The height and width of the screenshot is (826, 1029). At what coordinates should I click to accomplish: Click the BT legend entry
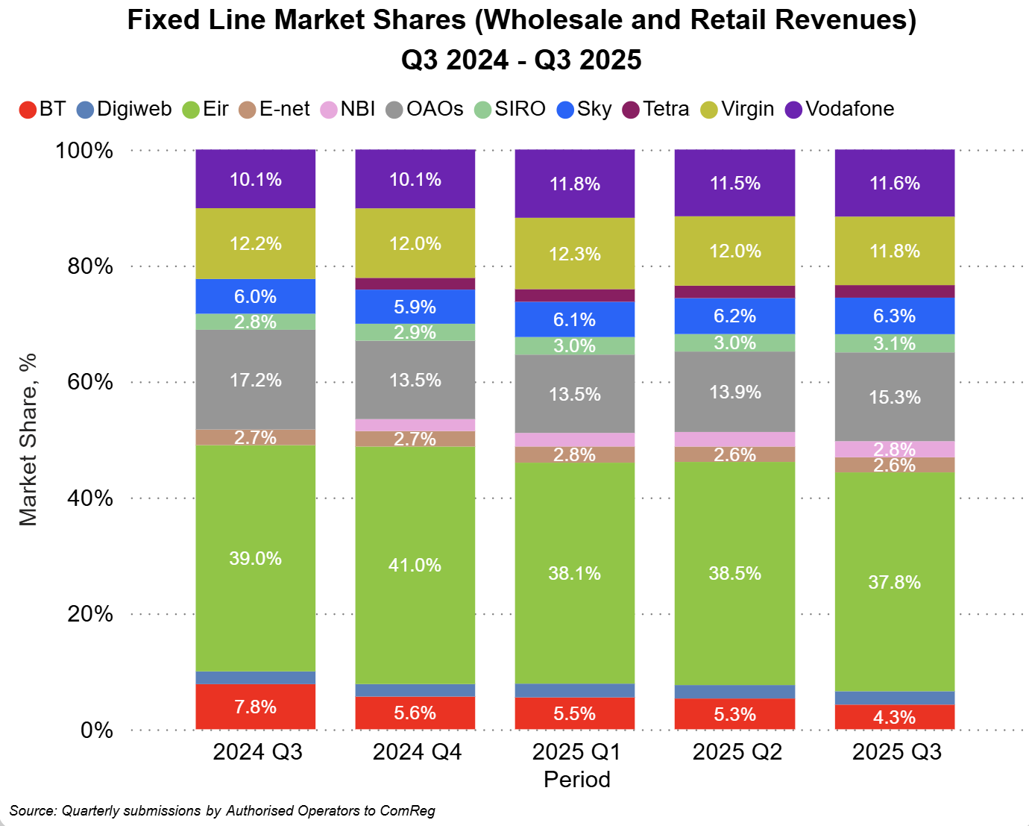point(43,109)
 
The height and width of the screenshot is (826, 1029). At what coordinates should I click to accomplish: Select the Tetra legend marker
point(631,110)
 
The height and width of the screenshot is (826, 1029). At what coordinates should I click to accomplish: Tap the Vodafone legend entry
point(840,109)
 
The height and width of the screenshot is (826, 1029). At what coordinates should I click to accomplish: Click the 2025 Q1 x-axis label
point(576,751)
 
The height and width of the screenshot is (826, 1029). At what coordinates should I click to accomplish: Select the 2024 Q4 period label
point(417,751)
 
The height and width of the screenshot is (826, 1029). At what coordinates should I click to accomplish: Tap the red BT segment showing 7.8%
point(256,707)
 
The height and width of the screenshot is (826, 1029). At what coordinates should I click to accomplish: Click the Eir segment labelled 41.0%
point(415,565)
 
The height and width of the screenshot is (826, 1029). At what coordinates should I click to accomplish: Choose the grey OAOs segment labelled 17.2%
point(256,380)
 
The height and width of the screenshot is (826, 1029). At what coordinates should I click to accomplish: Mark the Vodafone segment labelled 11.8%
point(575,184)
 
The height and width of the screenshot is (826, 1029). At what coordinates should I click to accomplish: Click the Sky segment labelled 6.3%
point(895,316)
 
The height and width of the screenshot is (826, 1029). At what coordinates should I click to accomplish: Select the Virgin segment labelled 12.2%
point(256,243)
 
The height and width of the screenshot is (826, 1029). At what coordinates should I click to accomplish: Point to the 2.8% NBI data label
point(895,448)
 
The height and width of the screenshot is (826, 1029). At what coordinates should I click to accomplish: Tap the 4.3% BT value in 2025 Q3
point(895,717)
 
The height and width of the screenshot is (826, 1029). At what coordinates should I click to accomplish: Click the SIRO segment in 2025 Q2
point(735,342)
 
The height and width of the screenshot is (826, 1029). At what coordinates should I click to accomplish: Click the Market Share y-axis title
point(28,440)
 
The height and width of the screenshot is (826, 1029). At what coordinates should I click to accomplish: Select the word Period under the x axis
point(576,780)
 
